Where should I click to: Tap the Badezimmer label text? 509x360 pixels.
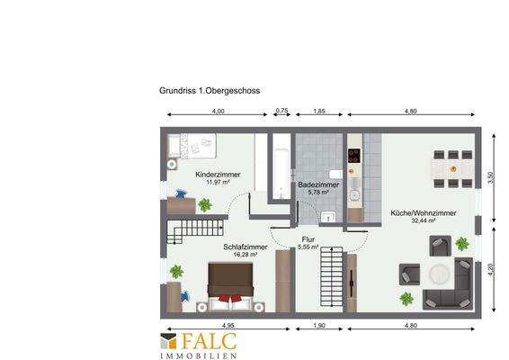click(318, 184)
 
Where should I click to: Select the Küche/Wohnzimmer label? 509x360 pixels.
click(423, 212)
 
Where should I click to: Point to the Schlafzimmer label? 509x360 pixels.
click(245, 246)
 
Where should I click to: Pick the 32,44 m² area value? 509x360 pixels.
click(423, 220)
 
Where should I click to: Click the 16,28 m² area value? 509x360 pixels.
click(246, 254)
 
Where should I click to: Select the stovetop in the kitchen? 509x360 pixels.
click(353, 153)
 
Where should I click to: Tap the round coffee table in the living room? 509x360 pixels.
click(438, 274)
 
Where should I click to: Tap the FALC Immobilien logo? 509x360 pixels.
click(198, 346)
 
